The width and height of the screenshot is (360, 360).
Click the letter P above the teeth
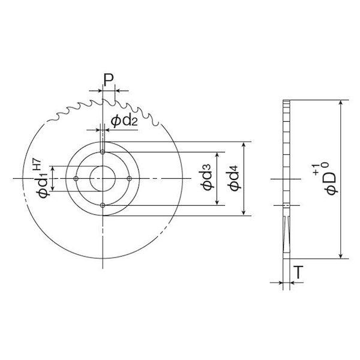pos(109,80)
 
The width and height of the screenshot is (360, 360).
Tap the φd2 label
pos(124,121)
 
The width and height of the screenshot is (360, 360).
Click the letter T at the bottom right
pos(298,272)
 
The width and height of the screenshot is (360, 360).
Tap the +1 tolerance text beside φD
pos(316,170)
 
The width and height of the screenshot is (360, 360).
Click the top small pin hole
pos(103,152)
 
